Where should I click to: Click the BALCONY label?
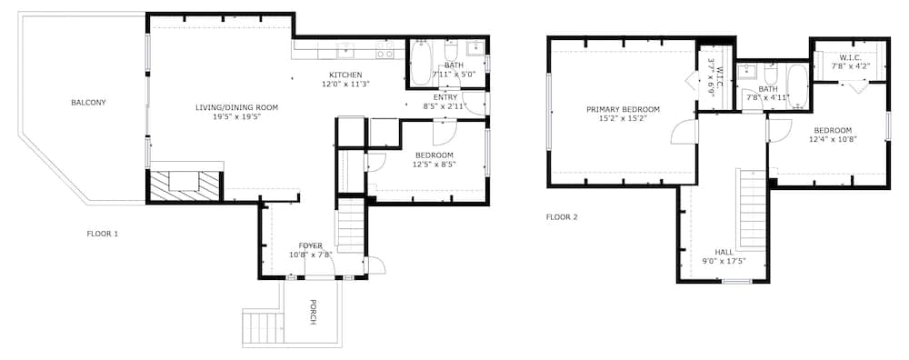pos(89,103)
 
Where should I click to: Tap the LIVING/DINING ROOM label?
pos(236,107)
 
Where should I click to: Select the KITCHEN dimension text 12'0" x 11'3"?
pos(345,84)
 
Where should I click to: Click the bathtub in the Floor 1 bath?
pos(421,63)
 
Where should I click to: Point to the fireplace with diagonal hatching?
pos(185,185)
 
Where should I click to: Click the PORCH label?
pos(313,312)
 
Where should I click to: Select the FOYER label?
pos(310,245)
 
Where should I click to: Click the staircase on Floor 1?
pos(351,225)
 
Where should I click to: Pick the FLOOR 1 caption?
pos(103,235)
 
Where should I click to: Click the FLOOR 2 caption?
pos(563,218)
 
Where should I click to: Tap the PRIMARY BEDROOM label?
pos(624,110)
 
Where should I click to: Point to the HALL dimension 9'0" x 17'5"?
pos(724,261)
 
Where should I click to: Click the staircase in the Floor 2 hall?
pos(752,209)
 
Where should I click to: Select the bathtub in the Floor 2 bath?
pos(798,85)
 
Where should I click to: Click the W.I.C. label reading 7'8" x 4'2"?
pos(850,62)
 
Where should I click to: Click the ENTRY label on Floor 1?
pos(445,97)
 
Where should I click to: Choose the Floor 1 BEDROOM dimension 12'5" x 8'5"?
pos(434,164)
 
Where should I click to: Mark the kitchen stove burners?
pos(385,50)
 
